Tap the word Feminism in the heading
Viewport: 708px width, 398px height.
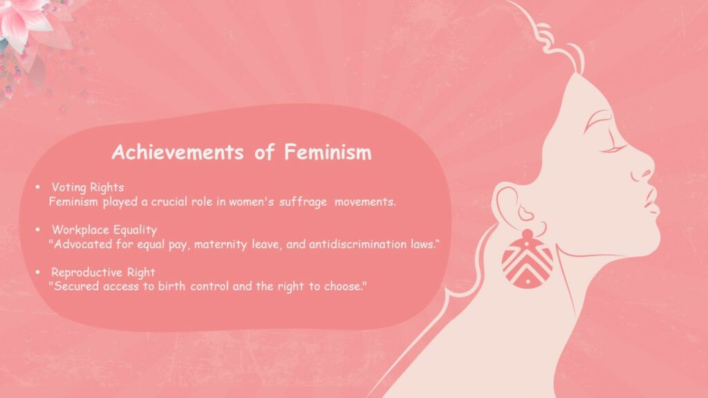[327, 152]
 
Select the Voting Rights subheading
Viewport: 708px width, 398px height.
[87, 187]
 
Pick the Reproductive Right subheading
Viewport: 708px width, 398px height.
[103, 272]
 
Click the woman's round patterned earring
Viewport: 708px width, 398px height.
[527, 260]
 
